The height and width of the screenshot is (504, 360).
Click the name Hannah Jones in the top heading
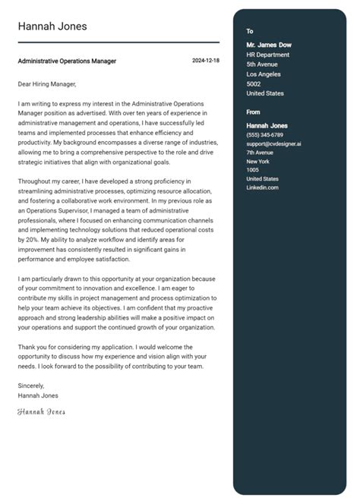pyautogui.click(x=52, y=27)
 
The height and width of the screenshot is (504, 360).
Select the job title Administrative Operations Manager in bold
pyautogui.click(x=67, y=61)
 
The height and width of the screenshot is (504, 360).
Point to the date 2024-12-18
pyautogui.click(x=205, y=61)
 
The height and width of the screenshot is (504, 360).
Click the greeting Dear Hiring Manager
pyautogui.click(x=47, y=83)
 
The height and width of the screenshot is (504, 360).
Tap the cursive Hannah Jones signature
pyautogui.click(x=41, y=411)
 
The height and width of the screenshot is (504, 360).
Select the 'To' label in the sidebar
pyautogui.click(x=250, y=31)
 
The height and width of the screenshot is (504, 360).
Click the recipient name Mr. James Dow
pyautogui.click(x=269, y=45)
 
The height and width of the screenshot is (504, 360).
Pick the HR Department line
pyautogui.click(x=267, y=55)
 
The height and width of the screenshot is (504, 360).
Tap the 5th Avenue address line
pyautogui.click(x=263, y=65)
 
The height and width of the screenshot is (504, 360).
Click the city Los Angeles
pyautogui.click(x=264, y=74)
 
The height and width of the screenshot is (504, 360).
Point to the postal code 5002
pyautogui.click(x=254, y=83)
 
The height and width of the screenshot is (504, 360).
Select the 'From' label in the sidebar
pyautogui.click(x=253, y=112)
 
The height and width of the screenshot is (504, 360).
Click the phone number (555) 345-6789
pyautogui.click(x=264, y=134)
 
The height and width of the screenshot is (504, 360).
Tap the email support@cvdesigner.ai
pyautogui.click(x=273, y=143)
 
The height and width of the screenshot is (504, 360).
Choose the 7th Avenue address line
pyautogui.click(x=260, y=153)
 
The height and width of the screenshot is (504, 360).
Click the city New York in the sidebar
pyautogui.click(x=258, y=161)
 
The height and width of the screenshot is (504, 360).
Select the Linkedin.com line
pyautogui.click(x=262, y=187)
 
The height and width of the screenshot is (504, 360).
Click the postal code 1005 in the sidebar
pyautogui.click(x=252, y=170)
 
